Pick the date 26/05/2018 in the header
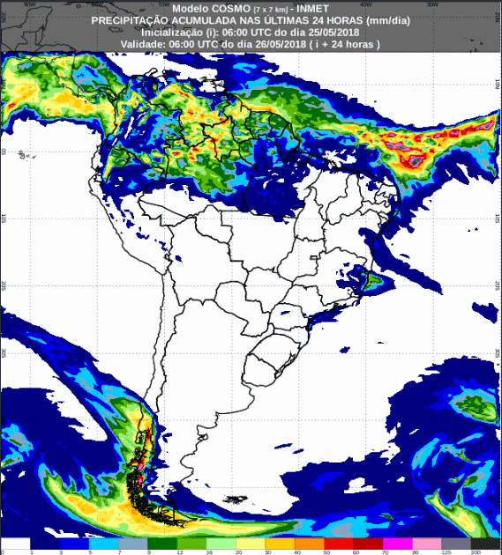(x=299, y=43)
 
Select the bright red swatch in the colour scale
(x=340, y=544)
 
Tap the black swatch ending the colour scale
(x=487, y=544)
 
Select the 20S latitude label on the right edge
(x=497, y=286)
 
